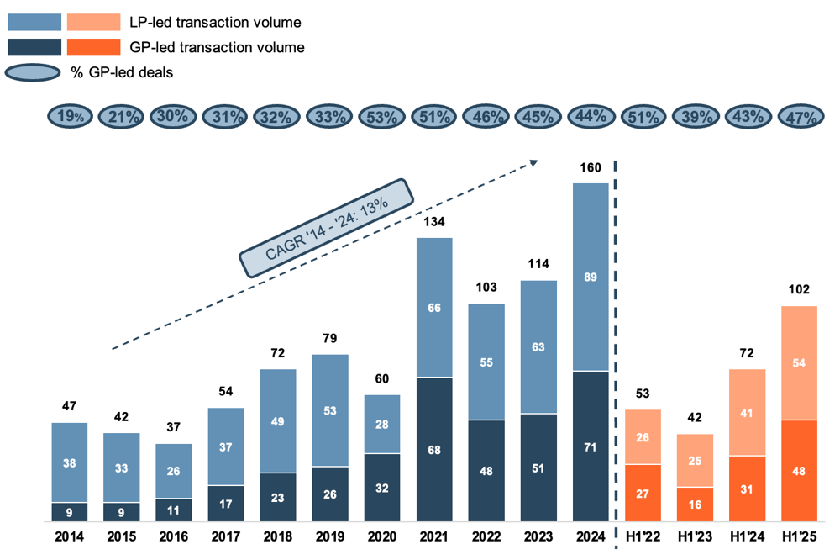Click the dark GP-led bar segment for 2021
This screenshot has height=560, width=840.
point(434,449)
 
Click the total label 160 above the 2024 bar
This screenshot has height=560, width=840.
point(591,168)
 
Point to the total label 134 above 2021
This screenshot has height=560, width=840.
point(434,222)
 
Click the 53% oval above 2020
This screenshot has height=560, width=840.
point(382,118)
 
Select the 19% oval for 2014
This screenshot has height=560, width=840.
point(70,118)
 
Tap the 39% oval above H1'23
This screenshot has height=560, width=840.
point(695,118)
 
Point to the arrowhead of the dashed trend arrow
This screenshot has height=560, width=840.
point(534,161)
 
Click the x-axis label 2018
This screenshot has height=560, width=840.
point(277,536)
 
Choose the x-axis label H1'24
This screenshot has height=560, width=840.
point(747,536)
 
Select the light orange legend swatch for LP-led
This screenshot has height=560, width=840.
point(93,22)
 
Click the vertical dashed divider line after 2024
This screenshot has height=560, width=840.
point(617,336)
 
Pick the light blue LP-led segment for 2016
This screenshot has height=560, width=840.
point(174,471)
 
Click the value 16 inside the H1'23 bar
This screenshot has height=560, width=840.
point(695,505)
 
